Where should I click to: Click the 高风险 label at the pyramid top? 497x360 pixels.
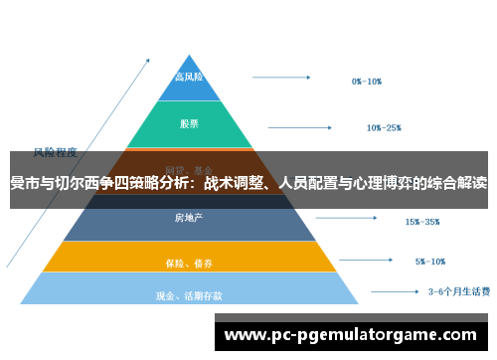pyautogui.click(x=189, y=77)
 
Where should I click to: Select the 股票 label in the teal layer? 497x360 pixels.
pyautogui.click(x=189, y=124)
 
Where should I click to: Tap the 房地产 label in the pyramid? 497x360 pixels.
pyautogui.click(x=189, y=217)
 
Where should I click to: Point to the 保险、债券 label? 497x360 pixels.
pyautogui.click(x=189, y=264)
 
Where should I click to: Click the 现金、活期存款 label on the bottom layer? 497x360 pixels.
pyautogui.click(x=189, y=295)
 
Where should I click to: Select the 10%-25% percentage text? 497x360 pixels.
pyautogui.click(x=383, y=127)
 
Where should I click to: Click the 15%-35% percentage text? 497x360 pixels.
pyautogui.click(x=421, y=221)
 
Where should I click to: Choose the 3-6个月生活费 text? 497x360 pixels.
pyautogui.click(x=458, y=292)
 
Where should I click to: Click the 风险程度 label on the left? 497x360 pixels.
pyautogui.click(x=56, y=152)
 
